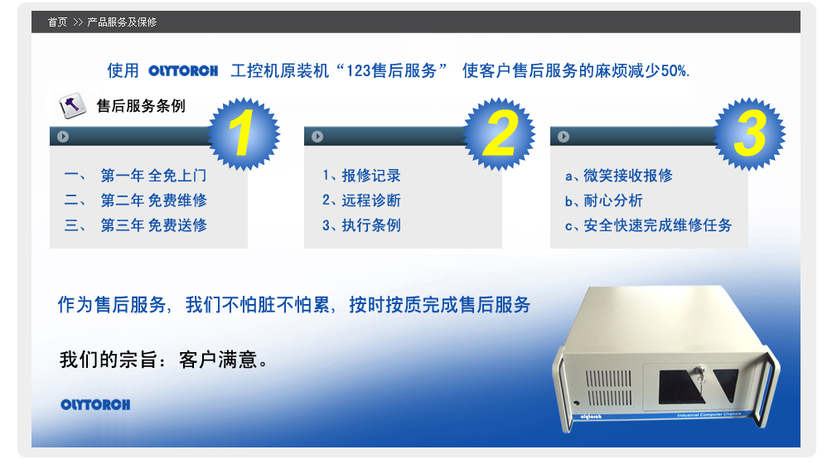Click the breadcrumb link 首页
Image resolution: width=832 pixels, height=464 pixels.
coord(57,22)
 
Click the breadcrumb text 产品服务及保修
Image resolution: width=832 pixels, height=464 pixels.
coord(122,22)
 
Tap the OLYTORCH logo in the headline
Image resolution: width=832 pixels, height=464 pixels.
coord(183,71)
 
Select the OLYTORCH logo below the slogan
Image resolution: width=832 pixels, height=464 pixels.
coord(95,404)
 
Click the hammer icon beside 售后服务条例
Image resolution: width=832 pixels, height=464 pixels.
coord(72,105)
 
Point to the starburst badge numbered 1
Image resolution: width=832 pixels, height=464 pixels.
coord(244,133)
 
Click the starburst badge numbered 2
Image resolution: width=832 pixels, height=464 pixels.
coord(500,133)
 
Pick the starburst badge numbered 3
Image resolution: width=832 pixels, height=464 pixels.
coord(749,133)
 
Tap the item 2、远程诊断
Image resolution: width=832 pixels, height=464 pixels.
coord(361,201)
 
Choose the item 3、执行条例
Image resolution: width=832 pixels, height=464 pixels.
coord(361,225)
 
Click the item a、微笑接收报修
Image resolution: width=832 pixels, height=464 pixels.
coord(619,176)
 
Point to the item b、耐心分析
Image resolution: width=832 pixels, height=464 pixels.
coord(604,201)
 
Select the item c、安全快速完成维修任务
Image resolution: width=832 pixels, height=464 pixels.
coord(648,225)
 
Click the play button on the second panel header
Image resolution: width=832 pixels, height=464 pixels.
coord(317,137)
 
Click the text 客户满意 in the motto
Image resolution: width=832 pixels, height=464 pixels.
coord(218,360)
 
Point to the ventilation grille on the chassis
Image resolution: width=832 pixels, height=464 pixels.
coord(608,388)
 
